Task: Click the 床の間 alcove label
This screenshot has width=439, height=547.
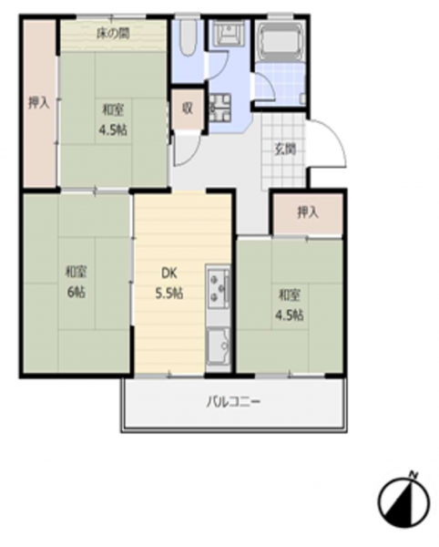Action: click(x=113, y=34)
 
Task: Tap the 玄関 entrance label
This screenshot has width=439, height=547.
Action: click(x=285, y=150)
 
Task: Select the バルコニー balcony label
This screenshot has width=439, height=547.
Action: click(x=234, y=402)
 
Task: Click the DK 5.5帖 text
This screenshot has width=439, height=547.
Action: click(x=169, y=284)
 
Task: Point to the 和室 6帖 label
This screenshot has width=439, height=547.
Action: click(x=77, y=282)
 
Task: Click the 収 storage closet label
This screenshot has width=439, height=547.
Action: click(x=188, y=108)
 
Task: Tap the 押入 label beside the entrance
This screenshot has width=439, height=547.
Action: click(x=308, y=212)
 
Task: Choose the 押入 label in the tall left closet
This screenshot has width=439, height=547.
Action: click(x=38, y=102)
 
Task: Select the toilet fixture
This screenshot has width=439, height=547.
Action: click(x=189, y=37)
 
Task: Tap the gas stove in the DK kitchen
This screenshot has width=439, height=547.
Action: click(x=219, y=287)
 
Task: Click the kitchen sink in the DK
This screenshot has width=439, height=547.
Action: click(x=219, y=346)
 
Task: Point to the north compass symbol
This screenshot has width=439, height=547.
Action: click(x=403, y=502)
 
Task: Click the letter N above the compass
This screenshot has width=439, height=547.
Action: click(x=413, y=474)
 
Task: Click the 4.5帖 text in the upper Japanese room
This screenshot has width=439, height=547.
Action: click(x=113, y=130)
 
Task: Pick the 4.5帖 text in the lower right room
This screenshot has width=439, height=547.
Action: click(x=290, y=315)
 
